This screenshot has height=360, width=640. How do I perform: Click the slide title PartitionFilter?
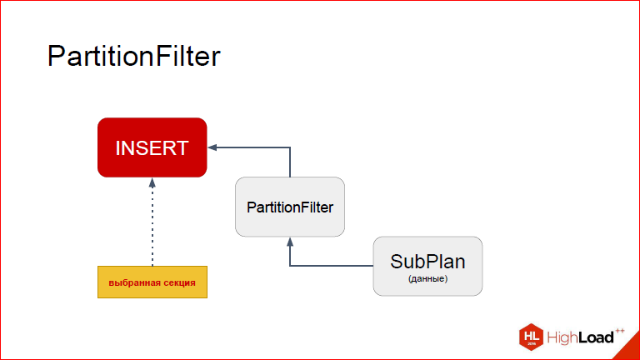[134, 57]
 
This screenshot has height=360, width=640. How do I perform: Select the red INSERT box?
[152, 147]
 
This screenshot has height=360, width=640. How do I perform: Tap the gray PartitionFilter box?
[290, 207]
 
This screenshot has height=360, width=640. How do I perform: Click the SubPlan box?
[427, 266]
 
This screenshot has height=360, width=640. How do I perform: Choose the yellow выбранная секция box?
[152, 282]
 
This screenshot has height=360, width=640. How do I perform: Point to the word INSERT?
[152, 147]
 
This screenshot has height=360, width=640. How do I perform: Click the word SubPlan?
[427, 262]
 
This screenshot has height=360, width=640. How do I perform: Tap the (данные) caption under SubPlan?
[427, 279]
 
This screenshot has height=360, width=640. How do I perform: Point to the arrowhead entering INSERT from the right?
[212, 147]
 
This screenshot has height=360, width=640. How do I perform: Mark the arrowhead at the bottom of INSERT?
[152, 182]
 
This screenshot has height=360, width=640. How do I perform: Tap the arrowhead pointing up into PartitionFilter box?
[290, 242]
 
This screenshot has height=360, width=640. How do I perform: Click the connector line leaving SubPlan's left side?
[332, 266]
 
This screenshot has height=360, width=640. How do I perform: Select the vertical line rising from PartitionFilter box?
[290, 162]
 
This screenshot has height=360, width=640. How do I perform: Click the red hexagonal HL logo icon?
[531, 337]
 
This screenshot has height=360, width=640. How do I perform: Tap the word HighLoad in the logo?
[580, 337]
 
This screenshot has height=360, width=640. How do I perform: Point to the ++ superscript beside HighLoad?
[620, 331]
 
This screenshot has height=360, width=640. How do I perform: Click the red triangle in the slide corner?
[631, 350]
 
